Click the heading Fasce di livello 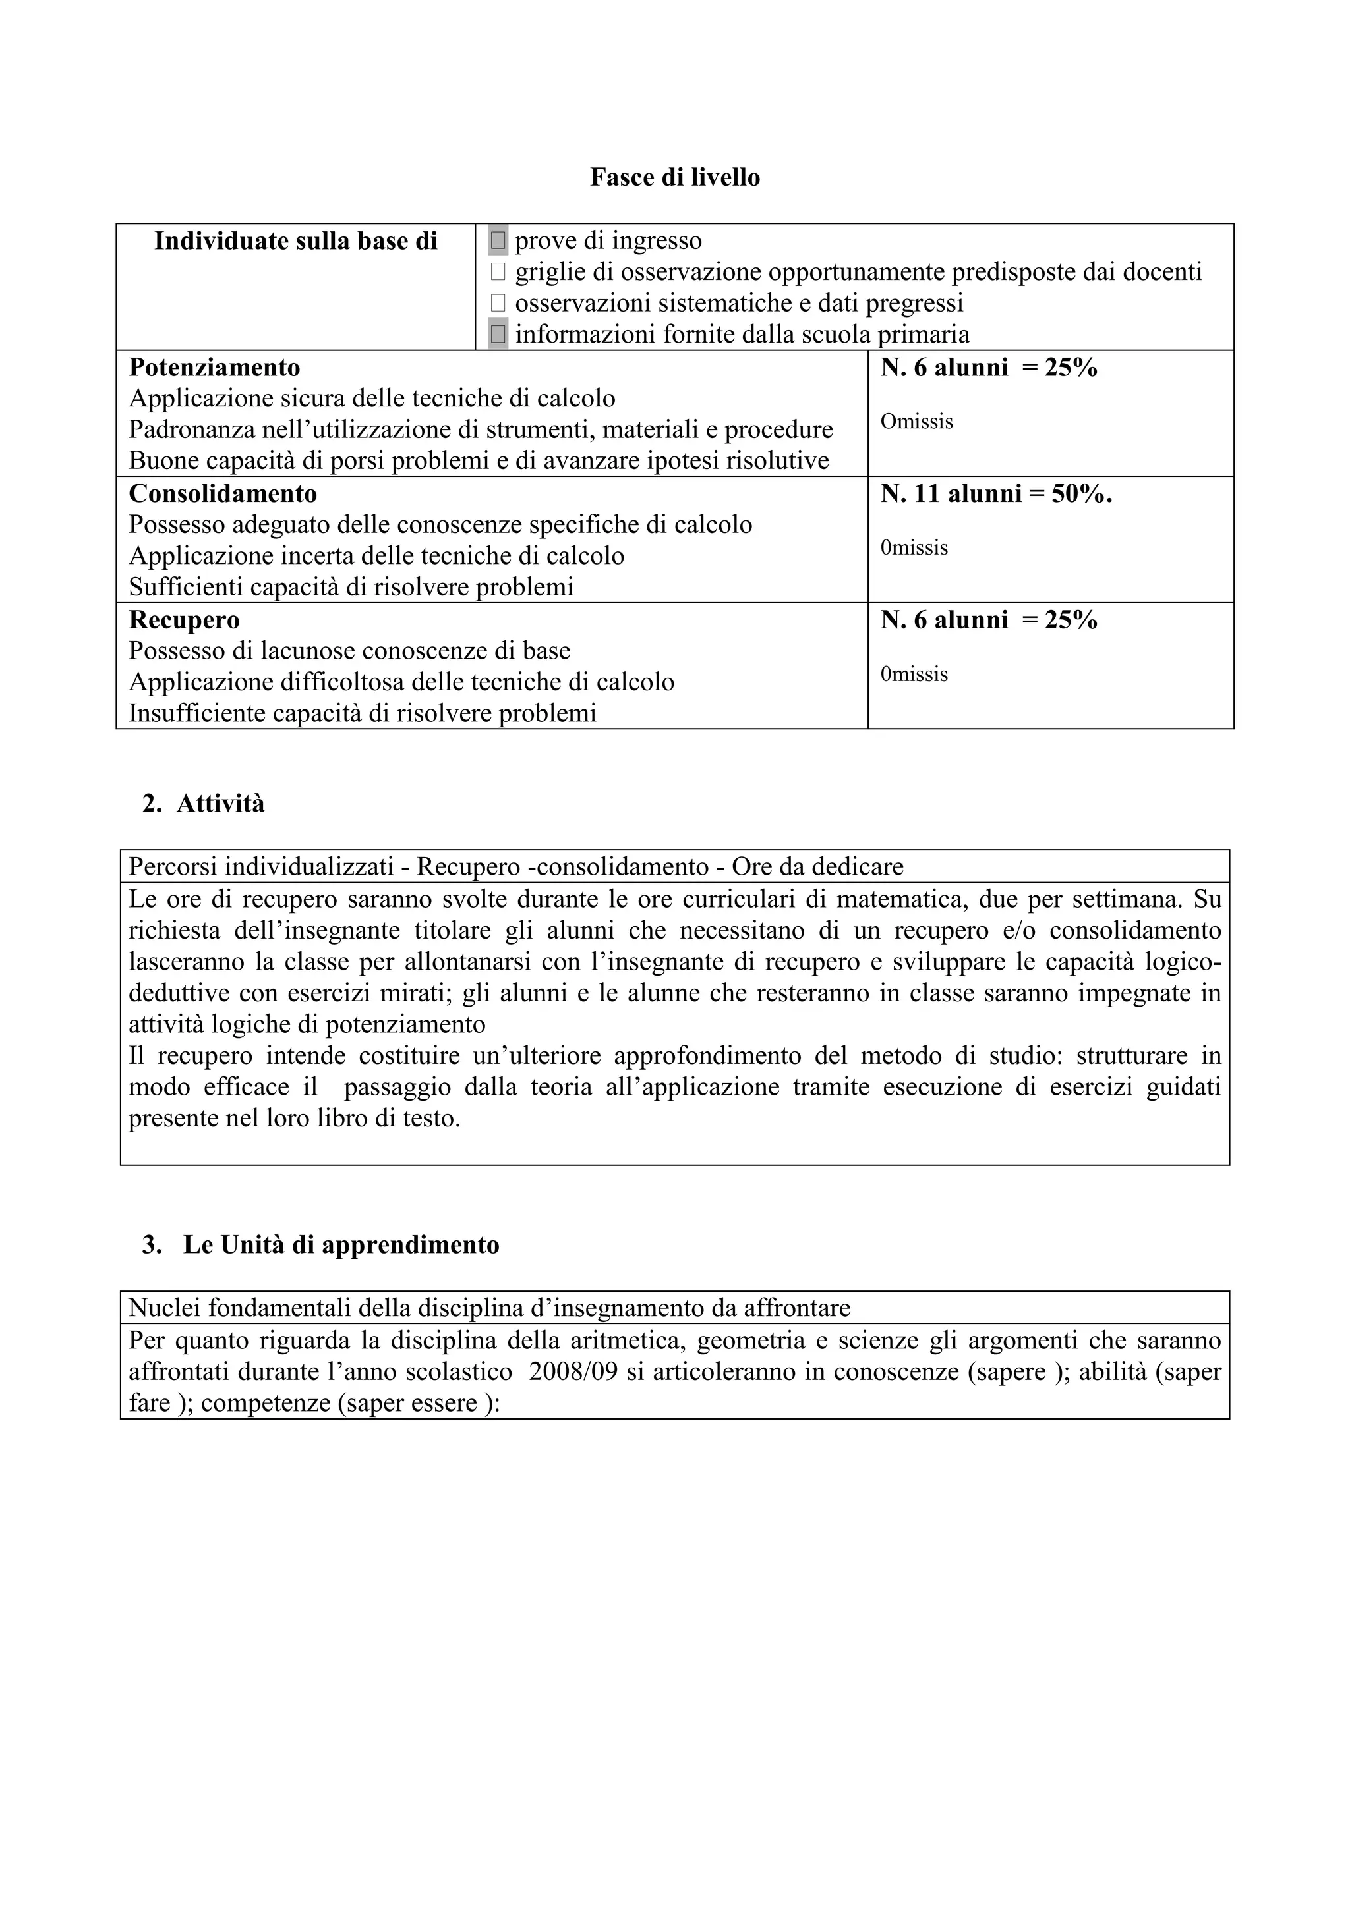[674, 177]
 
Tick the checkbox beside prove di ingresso [498, 241]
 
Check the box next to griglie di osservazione [498, 272]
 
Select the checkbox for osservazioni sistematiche [498, 302]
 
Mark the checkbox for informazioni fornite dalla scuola [498, 334]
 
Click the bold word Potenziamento [215, 368]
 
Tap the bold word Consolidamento [223, 494]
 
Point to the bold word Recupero [184, 621]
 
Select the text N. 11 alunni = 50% [995, 494]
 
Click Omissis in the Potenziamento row [917, 422]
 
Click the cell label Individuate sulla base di [295, 241]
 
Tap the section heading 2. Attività [204, 804]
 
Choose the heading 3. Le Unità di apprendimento [321, 1245]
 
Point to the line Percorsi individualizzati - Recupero [515, 867]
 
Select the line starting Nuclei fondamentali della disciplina [489, 1308]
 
